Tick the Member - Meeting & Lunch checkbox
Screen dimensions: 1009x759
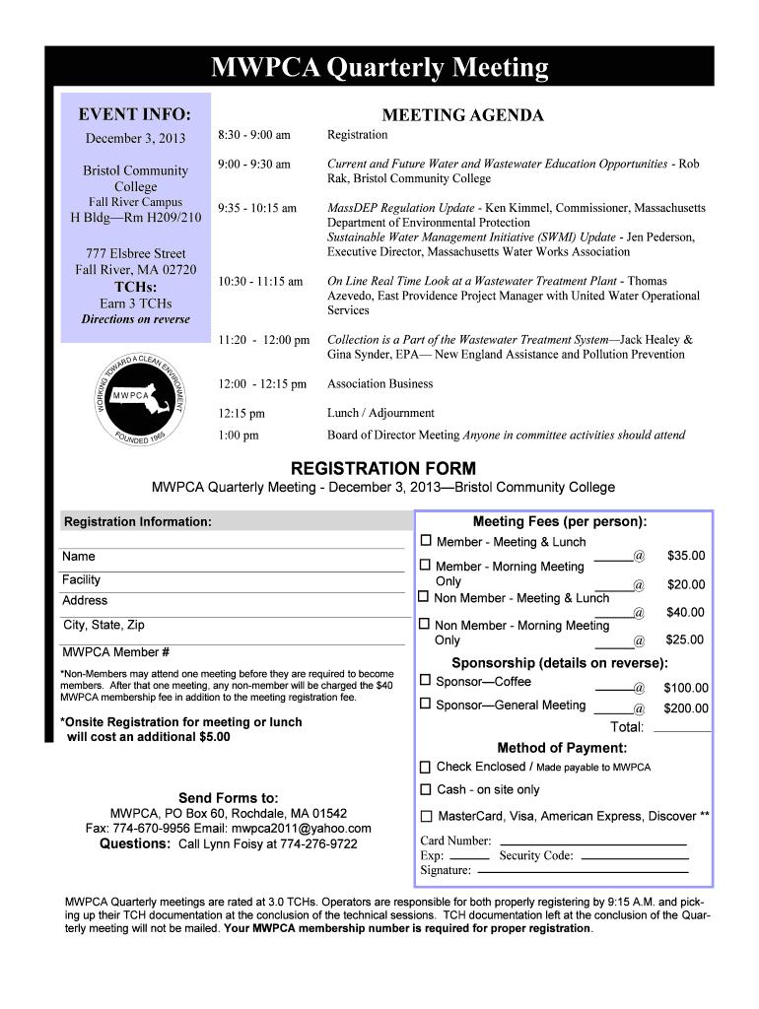[x=426, y=541]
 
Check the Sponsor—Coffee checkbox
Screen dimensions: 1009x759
[x=426, y=680]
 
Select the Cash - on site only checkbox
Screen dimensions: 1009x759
[x=426, y=789]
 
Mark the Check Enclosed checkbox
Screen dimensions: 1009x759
[x=426, y=767]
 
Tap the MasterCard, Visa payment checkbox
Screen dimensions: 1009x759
[x=426, y=816]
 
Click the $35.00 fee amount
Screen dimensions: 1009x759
[x=686, y=556]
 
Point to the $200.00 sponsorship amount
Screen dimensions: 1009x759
[x=686, y=707]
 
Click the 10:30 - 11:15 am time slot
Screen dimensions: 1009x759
[x=260, y=282]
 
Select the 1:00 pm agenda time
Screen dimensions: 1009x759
[x=239, y=435]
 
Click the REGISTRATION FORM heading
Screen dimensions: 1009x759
[x=383, y=468]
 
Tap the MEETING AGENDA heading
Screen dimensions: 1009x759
[x=462, y=115]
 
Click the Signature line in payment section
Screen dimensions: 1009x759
[x=583, y=872]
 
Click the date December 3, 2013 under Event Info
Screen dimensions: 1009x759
[x=135, y=138]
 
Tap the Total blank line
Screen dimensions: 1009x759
[x=682, y=731]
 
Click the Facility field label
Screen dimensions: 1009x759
[x=82, y=580]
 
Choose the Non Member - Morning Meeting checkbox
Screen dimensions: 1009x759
[x=426, y=625]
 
